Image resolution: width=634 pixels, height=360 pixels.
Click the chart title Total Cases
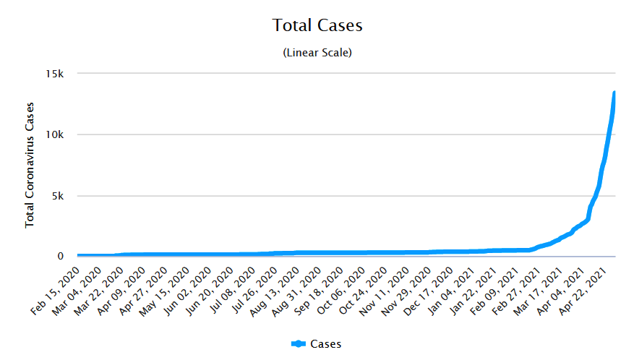coord(317,25)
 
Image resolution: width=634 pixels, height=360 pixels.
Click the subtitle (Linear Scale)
coord(317,53)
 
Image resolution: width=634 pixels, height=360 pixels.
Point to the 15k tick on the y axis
coord(56,74)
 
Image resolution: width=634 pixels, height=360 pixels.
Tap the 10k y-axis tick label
coord(56,135)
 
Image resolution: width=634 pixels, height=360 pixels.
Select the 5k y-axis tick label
coord(59,196)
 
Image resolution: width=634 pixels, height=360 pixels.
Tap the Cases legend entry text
coord(325,344)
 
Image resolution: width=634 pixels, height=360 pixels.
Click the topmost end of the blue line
coord(614,93)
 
